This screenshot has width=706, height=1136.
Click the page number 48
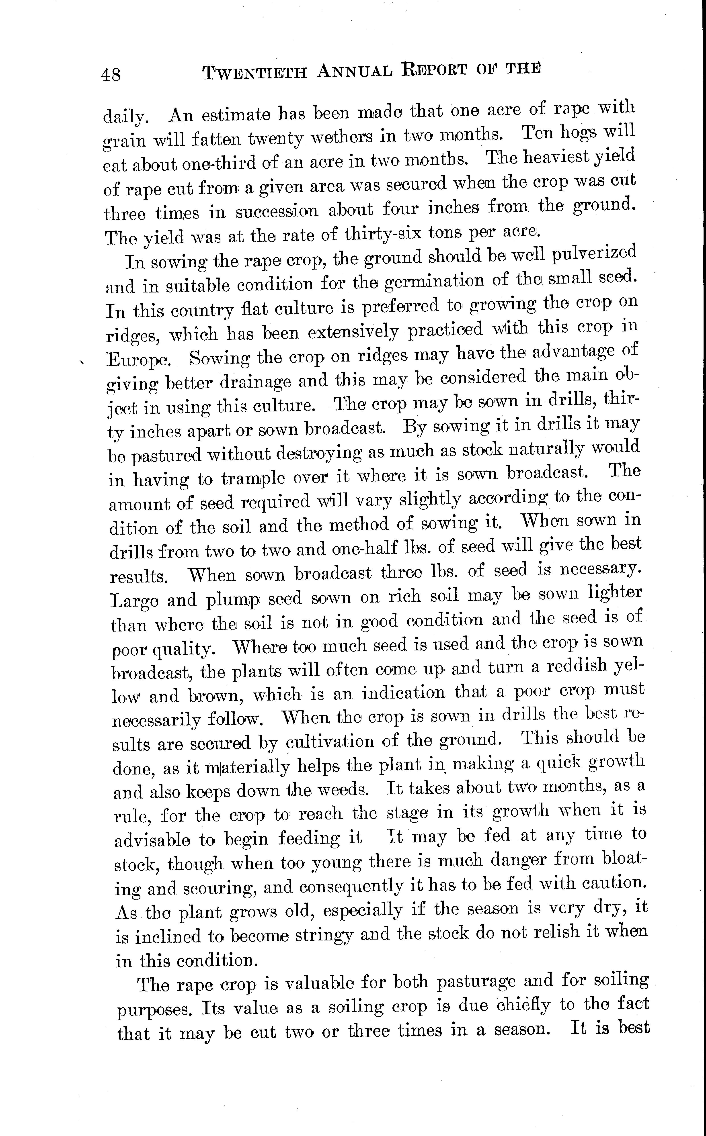(x=111, y=74)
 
